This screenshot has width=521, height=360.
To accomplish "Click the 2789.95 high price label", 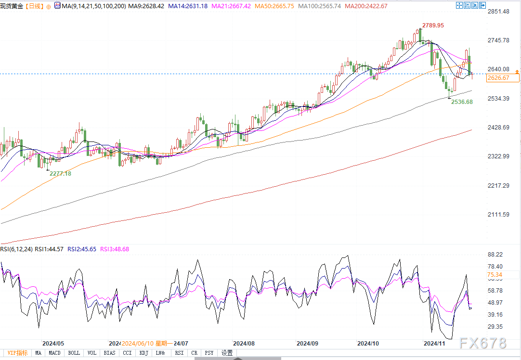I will [433, 25].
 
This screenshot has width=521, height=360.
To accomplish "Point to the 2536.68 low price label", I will [462, 102].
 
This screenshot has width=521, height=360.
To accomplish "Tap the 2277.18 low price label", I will [60, 173].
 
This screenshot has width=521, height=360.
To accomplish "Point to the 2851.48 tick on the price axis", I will [498, 12].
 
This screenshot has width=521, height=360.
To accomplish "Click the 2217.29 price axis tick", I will [498, 186].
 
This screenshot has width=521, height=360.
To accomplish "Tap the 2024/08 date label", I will [244, 344].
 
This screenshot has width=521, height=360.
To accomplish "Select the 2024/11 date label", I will [433, 344].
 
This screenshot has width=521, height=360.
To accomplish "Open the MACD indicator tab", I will [55, 353].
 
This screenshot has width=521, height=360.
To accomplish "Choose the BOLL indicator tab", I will [74, 353].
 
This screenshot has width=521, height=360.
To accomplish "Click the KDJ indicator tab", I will [143, 353].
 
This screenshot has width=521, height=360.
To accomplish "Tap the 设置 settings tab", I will [227, 353].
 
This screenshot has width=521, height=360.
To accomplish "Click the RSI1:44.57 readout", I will [49, 249].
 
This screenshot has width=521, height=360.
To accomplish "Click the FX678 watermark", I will [482, 343].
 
